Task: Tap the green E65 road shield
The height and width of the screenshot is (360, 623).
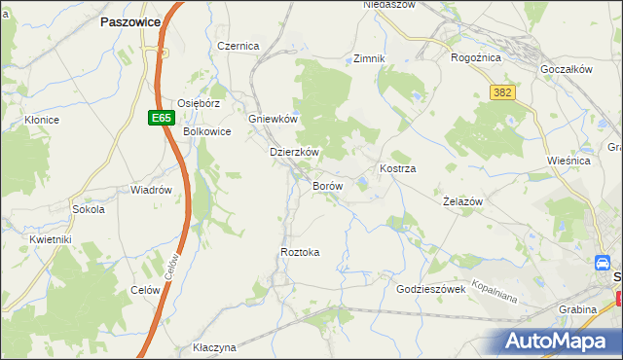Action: pos(162,118)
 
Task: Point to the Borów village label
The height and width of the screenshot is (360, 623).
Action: pos(327,185)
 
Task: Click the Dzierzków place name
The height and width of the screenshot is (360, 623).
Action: pos(295,153)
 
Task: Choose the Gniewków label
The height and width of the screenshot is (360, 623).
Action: pos(273,119)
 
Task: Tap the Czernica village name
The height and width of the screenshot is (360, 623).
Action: pos(238,46)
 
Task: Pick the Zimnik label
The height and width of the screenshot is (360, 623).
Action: pos(370,58)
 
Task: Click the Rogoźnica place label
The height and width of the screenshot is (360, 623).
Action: pos(476,57)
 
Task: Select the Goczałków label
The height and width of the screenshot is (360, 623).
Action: pos(567,71)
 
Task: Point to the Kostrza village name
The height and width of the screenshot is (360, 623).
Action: pos(398,168)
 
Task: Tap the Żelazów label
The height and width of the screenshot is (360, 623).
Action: pos(463,200)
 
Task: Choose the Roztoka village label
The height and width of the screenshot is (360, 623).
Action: pos(300,252)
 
